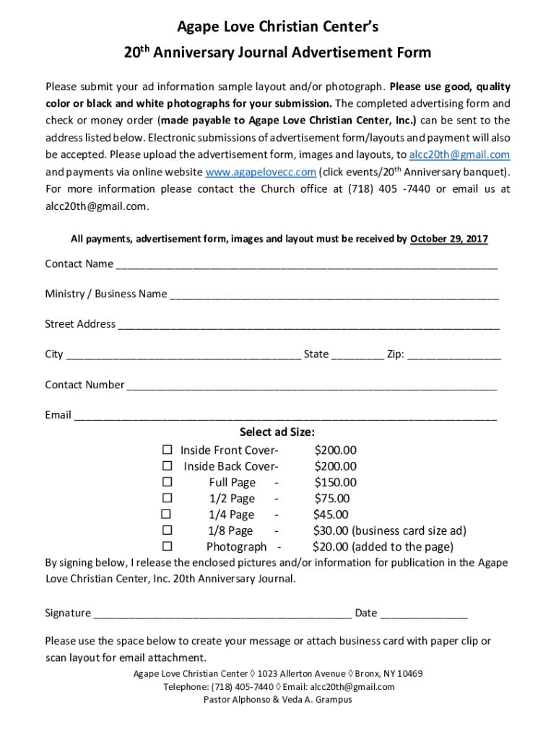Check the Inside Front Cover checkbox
click(167, 450)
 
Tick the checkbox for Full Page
click(167, 482)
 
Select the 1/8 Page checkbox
click(167, 530)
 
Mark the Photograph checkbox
click(167, 546)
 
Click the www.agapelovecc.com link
click(261, 172)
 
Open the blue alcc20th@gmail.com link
click(459, 154)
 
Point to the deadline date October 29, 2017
click(448, 239)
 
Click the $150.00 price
click(335, 482)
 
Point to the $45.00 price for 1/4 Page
click(331, 515)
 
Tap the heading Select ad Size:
click(277, 432)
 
